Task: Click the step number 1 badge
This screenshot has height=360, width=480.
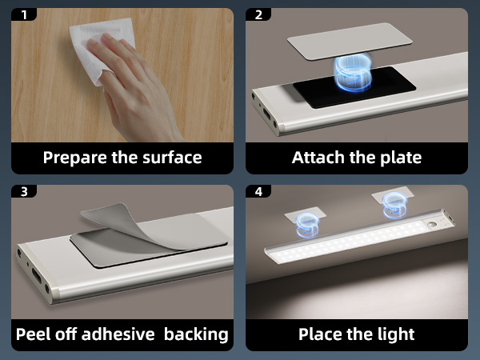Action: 24,15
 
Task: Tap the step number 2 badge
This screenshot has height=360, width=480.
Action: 258,15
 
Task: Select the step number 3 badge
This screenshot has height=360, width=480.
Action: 24,192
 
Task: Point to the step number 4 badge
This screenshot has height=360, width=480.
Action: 258,192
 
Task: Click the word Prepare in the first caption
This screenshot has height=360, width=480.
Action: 75,158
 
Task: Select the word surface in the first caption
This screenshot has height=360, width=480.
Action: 170,157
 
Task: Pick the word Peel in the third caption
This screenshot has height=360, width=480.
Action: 34,334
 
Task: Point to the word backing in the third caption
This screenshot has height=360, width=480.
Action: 196,334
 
